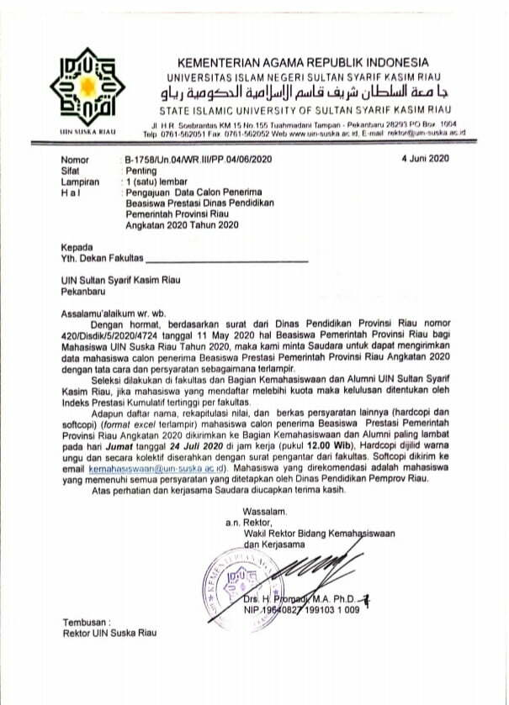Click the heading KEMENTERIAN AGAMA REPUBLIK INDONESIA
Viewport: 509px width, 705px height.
(303, 63)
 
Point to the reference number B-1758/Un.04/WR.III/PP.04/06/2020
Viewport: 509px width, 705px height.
(198, 159)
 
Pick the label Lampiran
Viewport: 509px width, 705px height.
(81, 181)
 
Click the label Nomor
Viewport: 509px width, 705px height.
(75, 159)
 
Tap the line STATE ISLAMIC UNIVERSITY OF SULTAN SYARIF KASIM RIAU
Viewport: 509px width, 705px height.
(303, 112)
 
